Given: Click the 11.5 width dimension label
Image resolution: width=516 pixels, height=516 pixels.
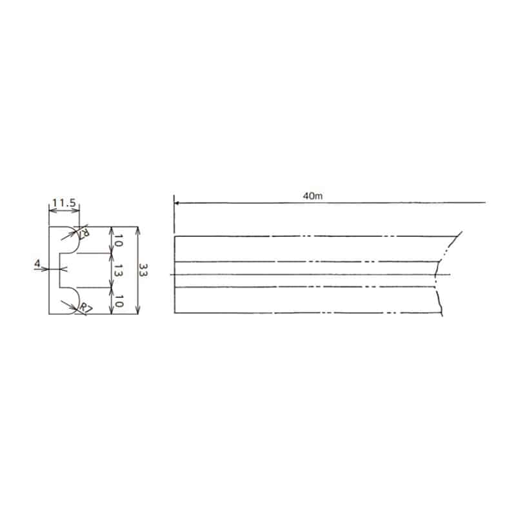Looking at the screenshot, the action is click(x=64, y=203).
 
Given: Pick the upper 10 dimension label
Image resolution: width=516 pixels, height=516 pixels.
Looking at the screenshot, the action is click(x=118, y=241).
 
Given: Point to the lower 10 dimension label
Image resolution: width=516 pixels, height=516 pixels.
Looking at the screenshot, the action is click(x=118, y=301).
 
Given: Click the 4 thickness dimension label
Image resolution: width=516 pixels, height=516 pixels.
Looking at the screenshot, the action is click(x=37, y=263).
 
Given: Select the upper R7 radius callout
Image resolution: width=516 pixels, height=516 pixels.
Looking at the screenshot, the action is click(x=84, y=233).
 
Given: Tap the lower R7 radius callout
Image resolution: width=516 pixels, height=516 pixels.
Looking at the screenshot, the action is click(x=86, y=308).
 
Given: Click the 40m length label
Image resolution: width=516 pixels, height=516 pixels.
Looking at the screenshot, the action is click(x=313, y=196).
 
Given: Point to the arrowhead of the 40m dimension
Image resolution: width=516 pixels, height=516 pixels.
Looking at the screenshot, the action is click(x=176, y=203).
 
